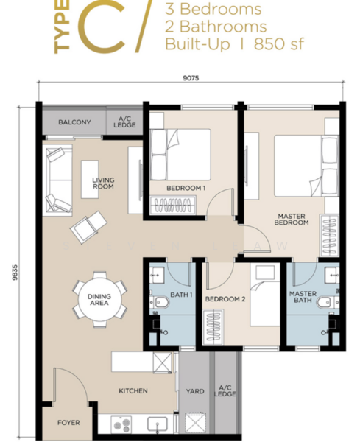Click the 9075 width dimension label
(191, 78)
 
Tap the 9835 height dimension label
(15, 273)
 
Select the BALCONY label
(74, 122)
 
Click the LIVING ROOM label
(103, 183)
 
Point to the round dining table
(99, 299)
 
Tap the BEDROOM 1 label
(186, 188)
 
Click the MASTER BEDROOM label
(292, 220)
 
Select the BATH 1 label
(181, 295)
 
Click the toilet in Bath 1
(160, 303)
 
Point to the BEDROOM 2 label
(225, 299)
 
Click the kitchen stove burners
(121, 424)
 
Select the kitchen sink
(158, 425)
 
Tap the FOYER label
(68, 423)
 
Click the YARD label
(195, 391)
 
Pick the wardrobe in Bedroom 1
(172, 206)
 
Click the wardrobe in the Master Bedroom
(329, 236)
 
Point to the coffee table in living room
(90, 180)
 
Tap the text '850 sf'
(279, 44)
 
